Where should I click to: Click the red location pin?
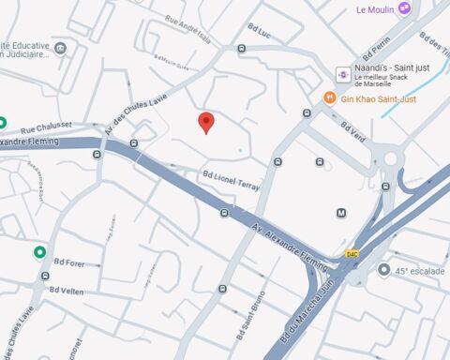206,123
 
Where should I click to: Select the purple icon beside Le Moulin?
404,8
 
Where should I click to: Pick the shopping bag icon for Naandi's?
342,74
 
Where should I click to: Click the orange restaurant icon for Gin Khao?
329,97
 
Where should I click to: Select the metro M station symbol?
341,214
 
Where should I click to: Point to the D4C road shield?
352,253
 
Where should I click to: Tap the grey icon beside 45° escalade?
384,270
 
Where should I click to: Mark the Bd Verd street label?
354,129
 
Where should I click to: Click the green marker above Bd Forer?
39,252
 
